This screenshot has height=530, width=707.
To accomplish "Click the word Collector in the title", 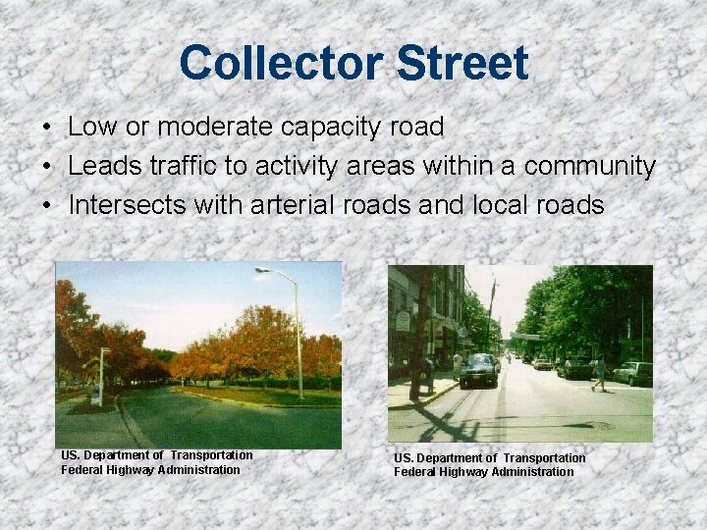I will [280, 63].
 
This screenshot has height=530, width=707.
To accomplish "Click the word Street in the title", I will [463, 63].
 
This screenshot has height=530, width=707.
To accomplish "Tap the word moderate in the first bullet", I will [208, 127].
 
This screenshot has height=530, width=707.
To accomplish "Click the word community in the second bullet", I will [589, 167].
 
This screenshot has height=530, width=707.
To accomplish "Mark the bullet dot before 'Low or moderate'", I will [46, 128].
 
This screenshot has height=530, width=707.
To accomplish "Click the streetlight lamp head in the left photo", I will [262, 270].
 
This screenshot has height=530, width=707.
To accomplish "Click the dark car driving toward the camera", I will [479, 370].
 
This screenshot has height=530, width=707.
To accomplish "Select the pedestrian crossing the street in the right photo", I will [598, 373].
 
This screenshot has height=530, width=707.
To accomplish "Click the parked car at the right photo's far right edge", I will [634, 373].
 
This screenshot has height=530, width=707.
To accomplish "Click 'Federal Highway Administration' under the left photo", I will [150, 469].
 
